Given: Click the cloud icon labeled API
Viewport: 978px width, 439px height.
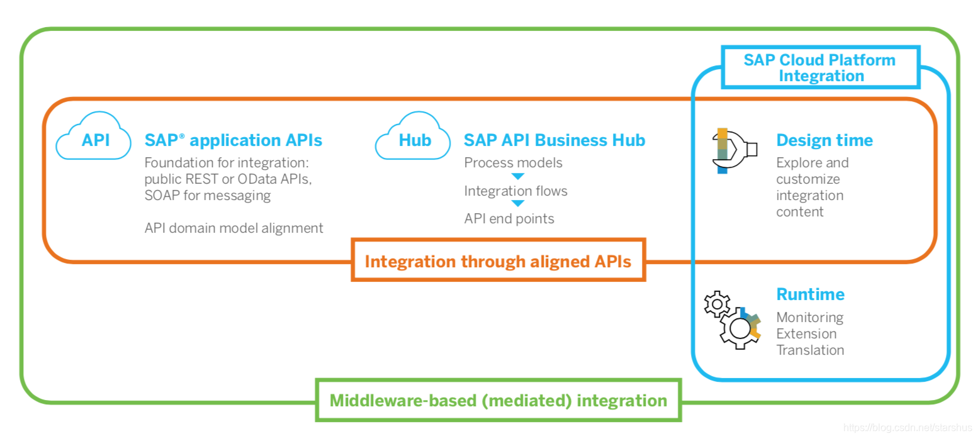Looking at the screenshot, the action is click(x=93, y=136).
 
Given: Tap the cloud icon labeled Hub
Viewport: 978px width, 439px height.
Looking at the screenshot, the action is click(x=413, y=136).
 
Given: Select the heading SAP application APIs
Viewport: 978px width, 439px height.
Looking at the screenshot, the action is click(x=233, y=140).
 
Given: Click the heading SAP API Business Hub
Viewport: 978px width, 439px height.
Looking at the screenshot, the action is click(x=554, y=140).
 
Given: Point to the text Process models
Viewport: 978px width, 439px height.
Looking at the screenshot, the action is click(x=513, y=163).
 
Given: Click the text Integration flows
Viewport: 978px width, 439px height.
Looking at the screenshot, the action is click(x=515, y=191).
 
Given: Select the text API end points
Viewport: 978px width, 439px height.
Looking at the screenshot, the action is click(x=509, y=219).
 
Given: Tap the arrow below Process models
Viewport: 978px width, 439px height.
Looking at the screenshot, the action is click(x=518, y=176).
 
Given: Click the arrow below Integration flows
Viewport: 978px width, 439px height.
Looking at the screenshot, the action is click(x=518, y=203).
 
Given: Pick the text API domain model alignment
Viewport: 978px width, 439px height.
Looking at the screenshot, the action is click(x=233, y=228).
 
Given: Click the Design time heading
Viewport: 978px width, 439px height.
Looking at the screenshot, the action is click(x=824, y=140).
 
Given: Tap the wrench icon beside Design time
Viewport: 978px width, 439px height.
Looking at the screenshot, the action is click(x=734, y=150).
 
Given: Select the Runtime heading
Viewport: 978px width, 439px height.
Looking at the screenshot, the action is click(x=811, y=294).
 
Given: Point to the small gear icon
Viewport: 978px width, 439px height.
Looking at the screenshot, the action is click(x=716, y=304).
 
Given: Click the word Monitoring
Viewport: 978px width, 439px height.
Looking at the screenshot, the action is click(x=810, y=318).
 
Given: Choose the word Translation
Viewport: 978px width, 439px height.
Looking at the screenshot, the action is click(x=810, y=350).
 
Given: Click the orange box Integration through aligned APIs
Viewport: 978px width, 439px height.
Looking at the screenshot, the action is click(x=498, y=260).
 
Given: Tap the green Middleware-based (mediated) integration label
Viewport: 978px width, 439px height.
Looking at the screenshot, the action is click(x=498, y=400).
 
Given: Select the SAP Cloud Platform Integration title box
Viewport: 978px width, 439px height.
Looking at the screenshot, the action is click(x=821, y=67).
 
